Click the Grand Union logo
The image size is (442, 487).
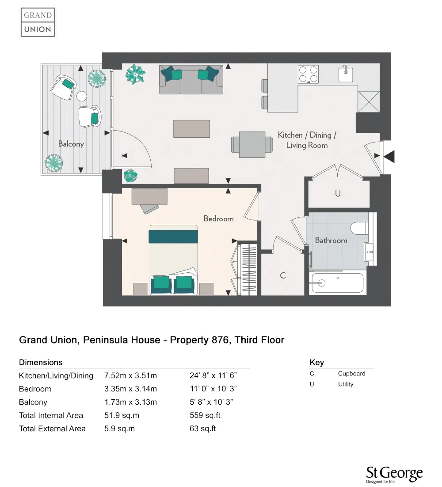(38, 22)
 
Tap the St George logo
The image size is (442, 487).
(394, 474)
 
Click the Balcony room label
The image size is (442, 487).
(71, 144)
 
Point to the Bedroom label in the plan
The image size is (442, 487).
(218, 219)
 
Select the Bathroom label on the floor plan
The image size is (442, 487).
(331, 240)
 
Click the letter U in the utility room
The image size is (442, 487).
(338, 193)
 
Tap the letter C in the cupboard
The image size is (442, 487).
(283, 275)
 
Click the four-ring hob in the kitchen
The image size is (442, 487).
(309, 74)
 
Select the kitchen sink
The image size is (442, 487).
(346, 74)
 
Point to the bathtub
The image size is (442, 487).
(337, 282)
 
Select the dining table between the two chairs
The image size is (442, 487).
(252, 144)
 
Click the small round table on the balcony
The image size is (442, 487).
(82, 96)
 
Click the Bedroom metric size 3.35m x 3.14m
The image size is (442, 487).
(130, 389)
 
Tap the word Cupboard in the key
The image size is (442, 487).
(351, 373)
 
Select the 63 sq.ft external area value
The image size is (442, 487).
(203, 429)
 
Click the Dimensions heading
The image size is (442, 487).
(41, 362)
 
